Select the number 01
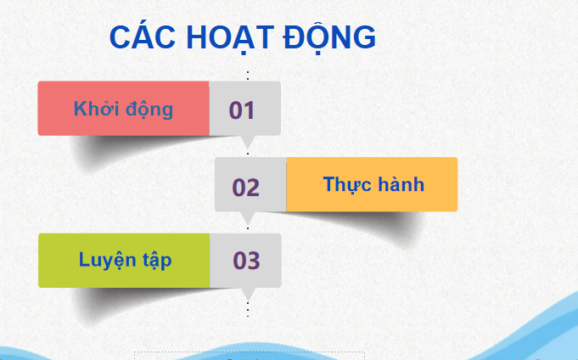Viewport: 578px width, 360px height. [x=242, y=110]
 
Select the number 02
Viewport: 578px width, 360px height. [x=246, y=187]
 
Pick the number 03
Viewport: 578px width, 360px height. [x=246, y=262]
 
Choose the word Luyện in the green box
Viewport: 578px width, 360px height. [x=107, y=260]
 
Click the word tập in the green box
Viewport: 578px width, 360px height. [x=156, y=260]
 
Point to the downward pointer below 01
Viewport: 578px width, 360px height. [x=248, y=142]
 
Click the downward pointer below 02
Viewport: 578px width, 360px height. [x=248, y=218]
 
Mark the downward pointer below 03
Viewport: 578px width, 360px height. [x=248, y=294]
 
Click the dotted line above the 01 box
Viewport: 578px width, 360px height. [x=248, y=76]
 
